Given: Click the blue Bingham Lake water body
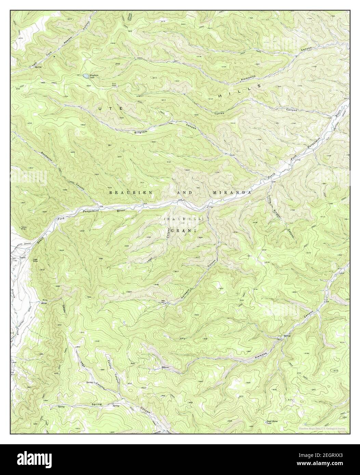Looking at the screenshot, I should pyautogui.click(x=84, y=75).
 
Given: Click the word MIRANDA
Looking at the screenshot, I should pyautogui.click(x=232, y=193).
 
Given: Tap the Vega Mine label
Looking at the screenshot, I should pyautogui.click(x=35, y=260).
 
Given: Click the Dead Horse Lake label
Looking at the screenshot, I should pyautogui.click(x=272, y=422).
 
